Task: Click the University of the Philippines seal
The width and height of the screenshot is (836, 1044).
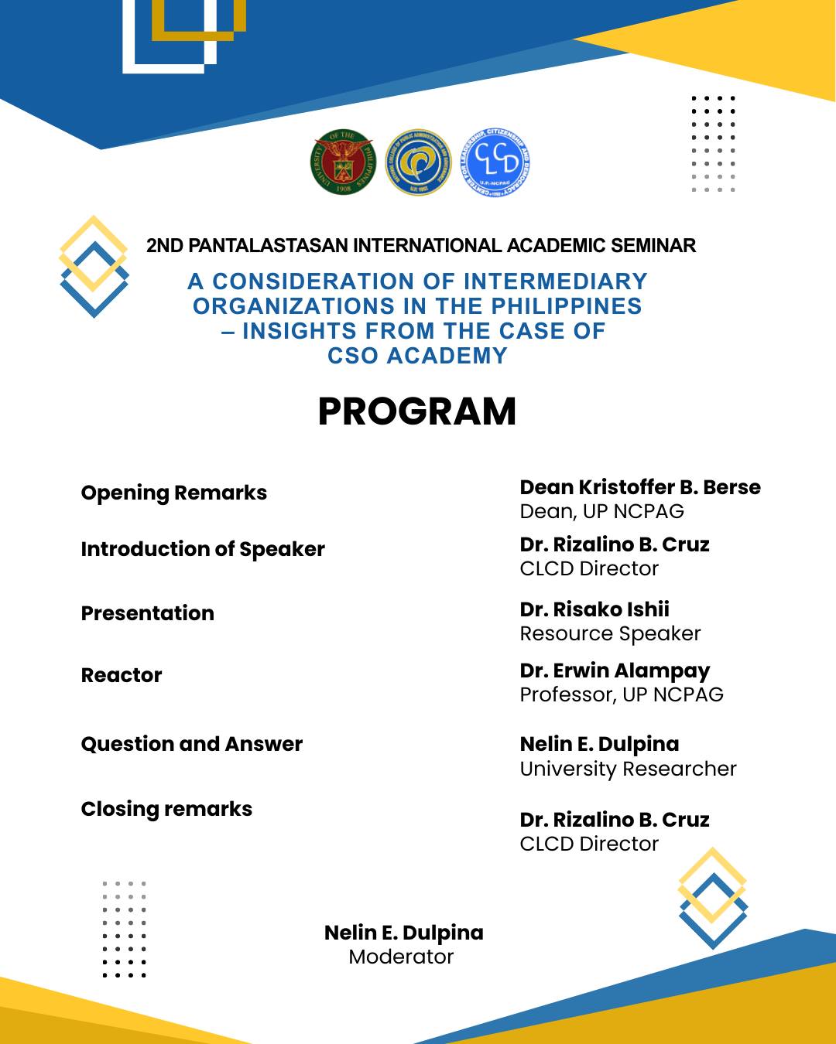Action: (x=343, y=162)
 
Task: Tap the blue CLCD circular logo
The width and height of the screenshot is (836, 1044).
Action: (x=495, y=162)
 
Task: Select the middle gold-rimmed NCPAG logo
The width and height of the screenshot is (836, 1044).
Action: (x=418, y=162)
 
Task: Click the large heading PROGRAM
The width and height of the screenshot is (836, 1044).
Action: (x=416, y=411)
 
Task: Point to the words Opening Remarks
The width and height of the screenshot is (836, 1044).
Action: (x=173, y=493)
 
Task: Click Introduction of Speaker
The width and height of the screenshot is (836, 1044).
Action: (x=203, y=549)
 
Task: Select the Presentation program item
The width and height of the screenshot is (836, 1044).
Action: (x=147, y=613)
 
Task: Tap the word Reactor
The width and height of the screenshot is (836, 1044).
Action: (x=122, y=675)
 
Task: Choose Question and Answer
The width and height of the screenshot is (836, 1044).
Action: (x=191, y=744)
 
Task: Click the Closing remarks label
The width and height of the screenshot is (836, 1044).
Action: (x=166, y=809)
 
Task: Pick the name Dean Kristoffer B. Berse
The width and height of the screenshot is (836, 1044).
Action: (x=640, y=487)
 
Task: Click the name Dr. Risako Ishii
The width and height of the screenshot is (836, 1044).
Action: (x=594, y=609)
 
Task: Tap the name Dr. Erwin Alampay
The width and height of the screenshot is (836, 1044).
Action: (x=615, y=670)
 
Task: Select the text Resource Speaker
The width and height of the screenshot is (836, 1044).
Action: (x=610, y=633)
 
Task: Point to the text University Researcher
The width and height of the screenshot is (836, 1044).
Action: (x=628, y=769)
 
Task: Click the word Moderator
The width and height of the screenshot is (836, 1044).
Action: (x=401, y=957)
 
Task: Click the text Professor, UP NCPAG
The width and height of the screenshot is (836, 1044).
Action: (x=622, y=694)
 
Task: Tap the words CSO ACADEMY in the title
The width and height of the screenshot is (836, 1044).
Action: (x=417, y=356)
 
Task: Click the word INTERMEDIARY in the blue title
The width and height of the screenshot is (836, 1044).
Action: (x=555, y=281)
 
